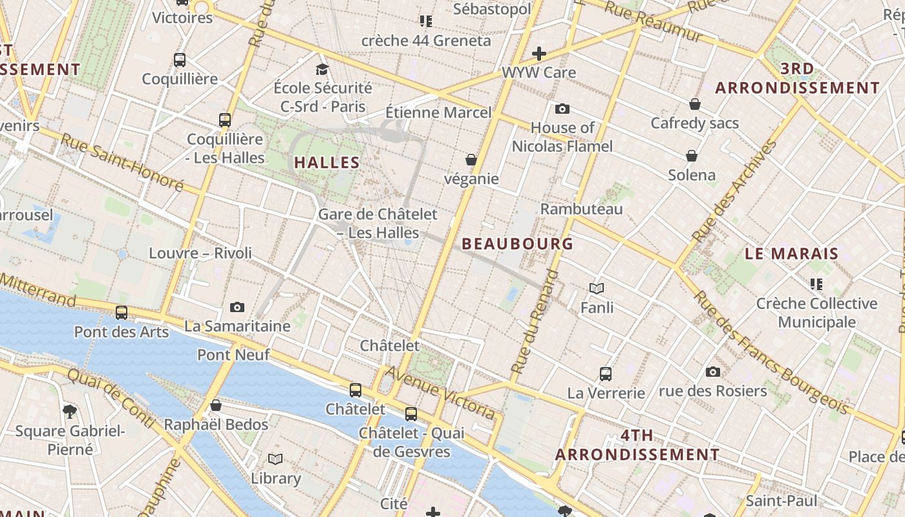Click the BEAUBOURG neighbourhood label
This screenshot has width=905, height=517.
(518, 244)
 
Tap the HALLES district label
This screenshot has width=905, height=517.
(327, 162)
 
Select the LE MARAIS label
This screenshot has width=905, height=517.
(791, 254)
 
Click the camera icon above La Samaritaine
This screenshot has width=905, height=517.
(237, 308)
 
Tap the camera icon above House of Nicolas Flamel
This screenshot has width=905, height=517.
(562, 109)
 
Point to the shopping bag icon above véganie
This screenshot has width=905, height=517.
(471, 160)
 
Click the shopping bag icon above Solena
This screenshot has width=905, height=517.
(692, 156)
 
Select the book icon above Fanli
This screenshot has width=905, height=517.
(597, 288)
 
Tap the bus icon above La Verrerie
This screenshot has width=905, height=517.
(606, 374)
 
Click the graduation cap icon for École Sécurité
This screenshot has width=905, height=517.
(322, 69)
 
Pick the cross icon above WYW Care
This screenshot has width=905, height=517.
(539, 54)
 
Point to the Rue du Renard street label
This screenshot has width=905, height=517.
(534, 322)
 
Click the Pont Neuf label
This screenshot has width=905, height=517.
(233, 354)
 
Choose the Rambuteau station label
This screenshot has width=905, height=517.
(582, 209)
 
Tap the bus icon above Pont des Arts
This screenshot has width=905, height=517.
(122, 313)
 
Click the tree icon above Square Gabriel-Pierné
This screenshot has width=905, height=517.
(70, 411)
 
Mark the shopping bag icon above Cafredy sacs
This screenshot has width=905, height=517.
(695, 104)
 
